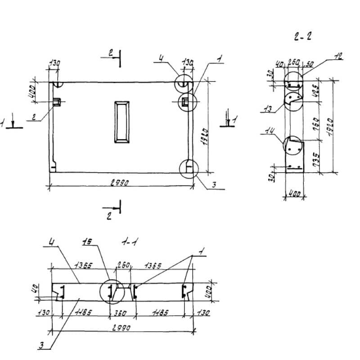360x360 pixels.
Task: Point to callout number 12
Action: [x=338, y=56]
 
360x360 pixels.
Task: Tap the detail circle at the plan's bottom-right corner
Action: [x=188, y=168]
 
